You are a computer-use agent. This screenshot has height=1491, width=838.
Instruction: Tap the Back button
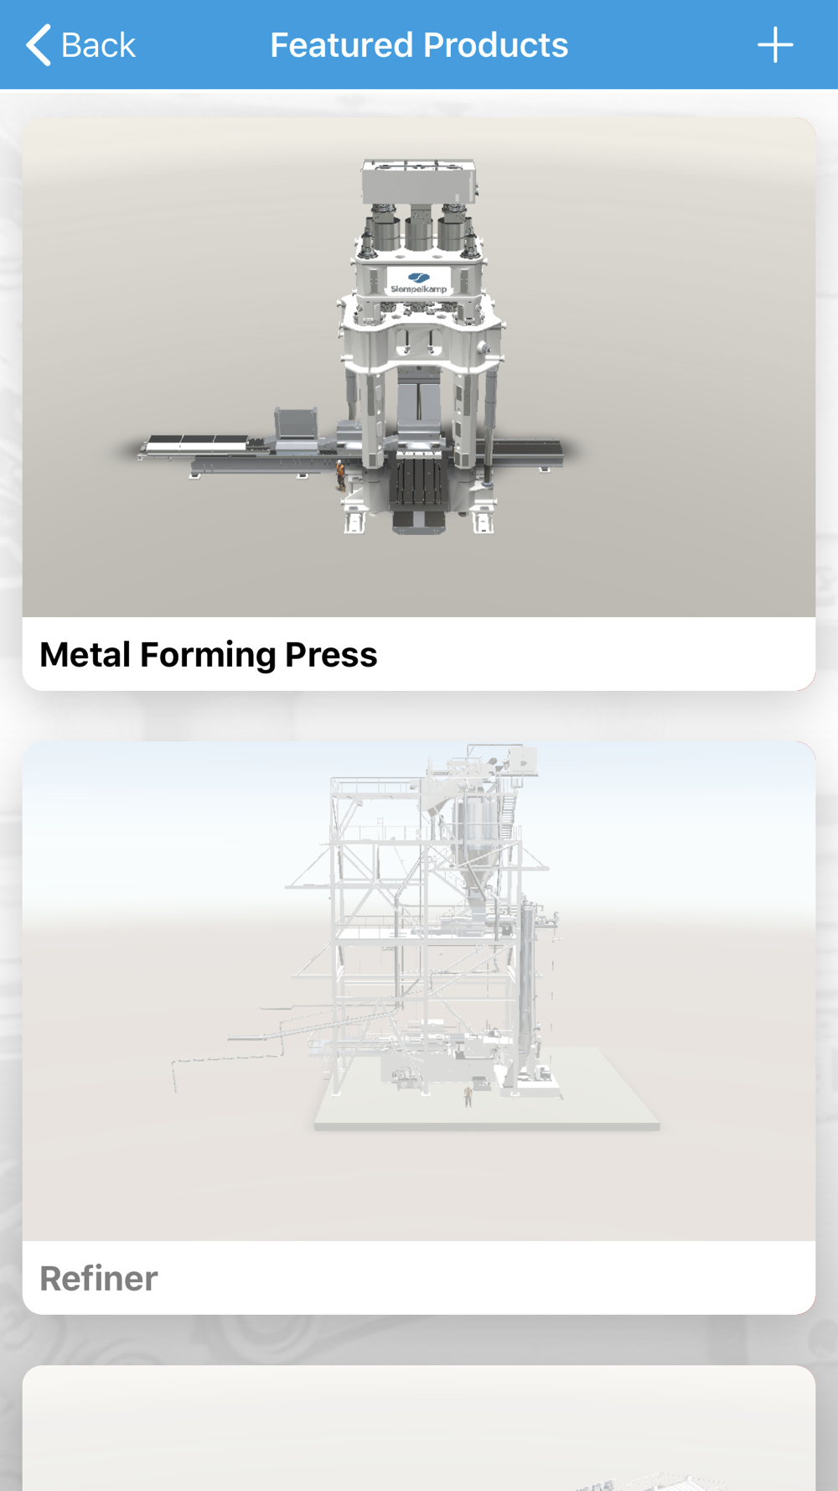80,44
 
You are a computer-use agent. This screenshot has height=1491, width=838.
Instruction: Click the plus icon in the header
775,44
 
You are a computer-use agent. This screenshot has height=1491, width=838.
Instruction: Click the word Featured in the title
340,45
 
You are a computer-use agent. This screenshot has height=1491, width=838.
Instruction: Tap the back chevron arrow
39,44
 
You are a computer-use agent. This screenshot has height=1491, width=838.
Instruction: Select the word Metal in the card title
85,655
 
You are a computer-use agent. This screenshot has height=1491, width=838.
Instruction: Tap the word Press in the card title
331,655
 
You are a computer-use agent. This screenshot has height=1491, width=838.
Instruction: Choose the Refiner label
99,1279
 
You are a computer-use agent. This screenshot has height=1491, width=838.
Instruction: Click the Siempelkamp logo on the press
418,283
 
